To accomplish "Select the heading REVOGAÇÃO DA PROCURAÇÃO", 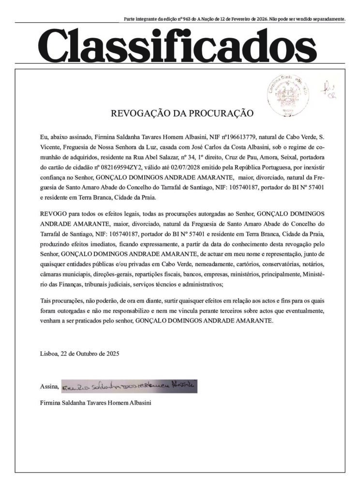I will (182, 114).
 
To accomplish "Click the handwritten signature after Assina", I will (130, 386).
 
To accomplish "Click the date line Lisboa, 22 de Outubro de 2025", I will (79, 353).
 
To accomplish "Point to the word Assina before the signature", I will (50, 387).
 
